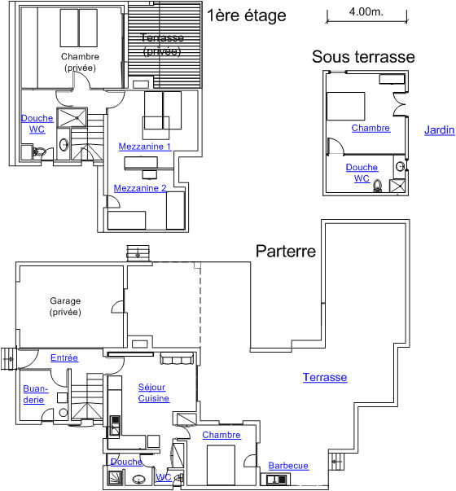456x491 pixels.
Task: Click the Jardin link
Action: tap(439, 130)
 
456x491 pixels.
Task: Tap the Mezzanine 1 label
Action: tap(145, 147)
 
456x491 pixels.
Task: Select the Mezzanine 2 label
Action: tap(140, 188)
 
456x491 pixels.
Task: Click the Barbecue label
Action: tap(288, 466)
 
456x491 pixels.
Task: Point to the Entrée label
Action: tap(64, 357)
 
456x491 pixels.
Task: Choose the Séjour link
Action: tap(152, 388)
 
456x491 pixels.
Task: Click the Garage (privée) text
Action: tap(65, 306)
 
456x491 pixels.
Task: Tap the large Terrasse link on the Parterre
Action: tap(325, 377)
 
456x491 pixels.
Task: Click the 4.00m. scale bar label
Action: tap(366, 12)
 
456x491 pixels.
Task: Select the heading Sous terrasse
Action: tap(363, 57)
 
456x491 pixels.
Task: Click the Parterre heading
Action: tap(286, 251)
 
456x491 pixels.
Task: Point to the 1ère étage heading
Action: tap(247, 15)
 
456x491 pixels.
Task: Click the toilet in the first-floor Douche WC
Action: tap(39, 152)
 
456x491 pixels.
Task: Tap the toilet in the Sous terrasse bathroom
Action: tap(378, 186)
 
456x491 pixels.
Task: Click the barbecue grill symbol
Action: tap(275, 480)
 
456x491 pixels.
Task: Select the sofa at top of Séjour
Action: tap(177, 358)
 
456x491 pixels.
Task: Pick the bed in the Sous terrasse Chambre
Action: tap(345, 106)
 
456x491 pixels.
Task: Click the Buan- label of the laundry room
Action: tap(36, 389)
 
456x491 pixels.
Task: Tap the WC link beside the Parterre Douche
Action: tap(164, 477)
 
